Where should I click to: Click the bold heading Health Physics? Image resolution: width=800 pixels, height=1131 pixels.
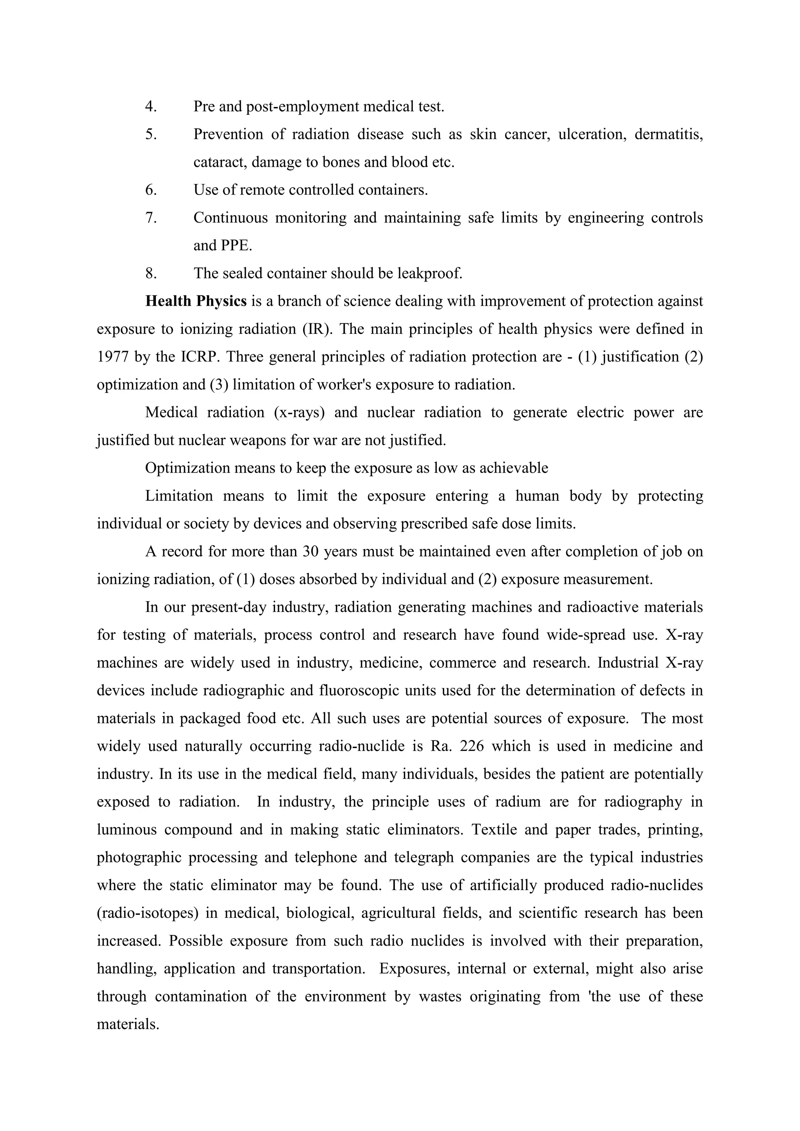pos(196,301)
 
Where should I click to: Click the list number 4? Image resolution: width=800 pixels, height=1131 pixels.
pos(151,106)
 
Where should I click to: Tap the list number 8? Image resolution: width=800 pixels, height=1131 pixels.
pos(151,273)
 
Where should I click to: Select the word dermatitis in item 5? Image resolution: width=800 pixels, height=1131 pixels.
pos(668,134)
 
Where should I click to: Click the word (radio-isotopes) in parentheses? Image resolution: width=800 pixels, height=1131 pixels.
pos(147,913)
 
